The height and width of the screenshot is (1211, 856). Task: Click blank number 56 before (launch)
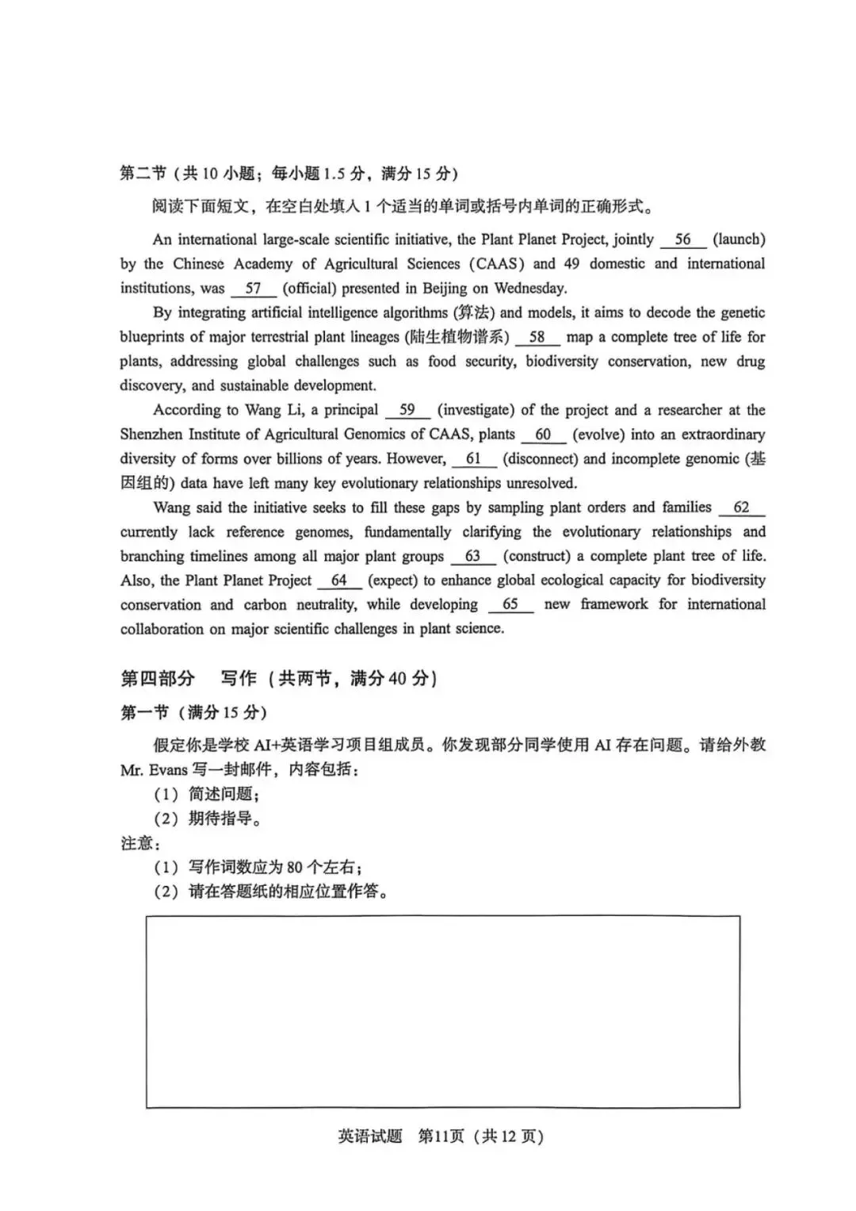tap(682, 240)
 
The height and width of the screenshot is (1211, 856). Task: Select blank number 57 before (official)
tap(253, 289)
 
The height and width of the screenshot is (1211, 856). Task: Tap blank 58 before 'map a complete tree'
tap(537, 337)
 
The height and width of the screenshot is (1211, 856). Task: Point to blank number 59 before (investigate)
tap(407, 410)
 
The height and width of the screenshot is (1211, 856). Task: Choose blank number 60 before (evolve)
tap(543, 435)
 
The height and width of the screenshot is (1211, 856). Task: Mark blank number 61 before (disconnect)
tap(473, 459)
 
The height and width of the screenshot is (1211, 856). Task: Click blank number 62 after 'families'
tap(741, 508)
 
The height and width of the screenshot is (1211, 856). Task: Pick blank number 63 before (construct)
tap(472, 556)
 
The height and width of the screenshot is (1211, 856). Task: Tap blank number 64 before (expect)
tap(339, 581)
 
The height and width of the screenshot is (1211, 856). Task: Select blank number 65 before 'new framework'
tap(510, 604)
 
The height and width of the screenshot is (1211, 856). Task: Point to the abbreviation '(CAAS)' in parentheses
tap(496, 263)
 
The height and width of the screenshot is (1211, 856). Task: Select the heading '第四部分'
tap(157, 678)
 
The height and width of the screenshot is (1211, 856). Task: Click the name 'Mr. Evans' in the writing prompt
tap(154, 769)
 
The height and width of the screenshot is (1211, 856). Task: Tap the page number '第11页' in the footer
tap(441, 1136)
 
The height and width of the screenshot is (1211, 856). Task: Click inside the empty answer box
tap(442, 1012)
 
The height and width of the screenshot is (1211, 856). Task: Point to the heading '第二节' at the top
tap(143, 174)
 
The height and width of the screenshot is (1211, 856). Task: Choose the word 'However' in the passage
tap(415, 459)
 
